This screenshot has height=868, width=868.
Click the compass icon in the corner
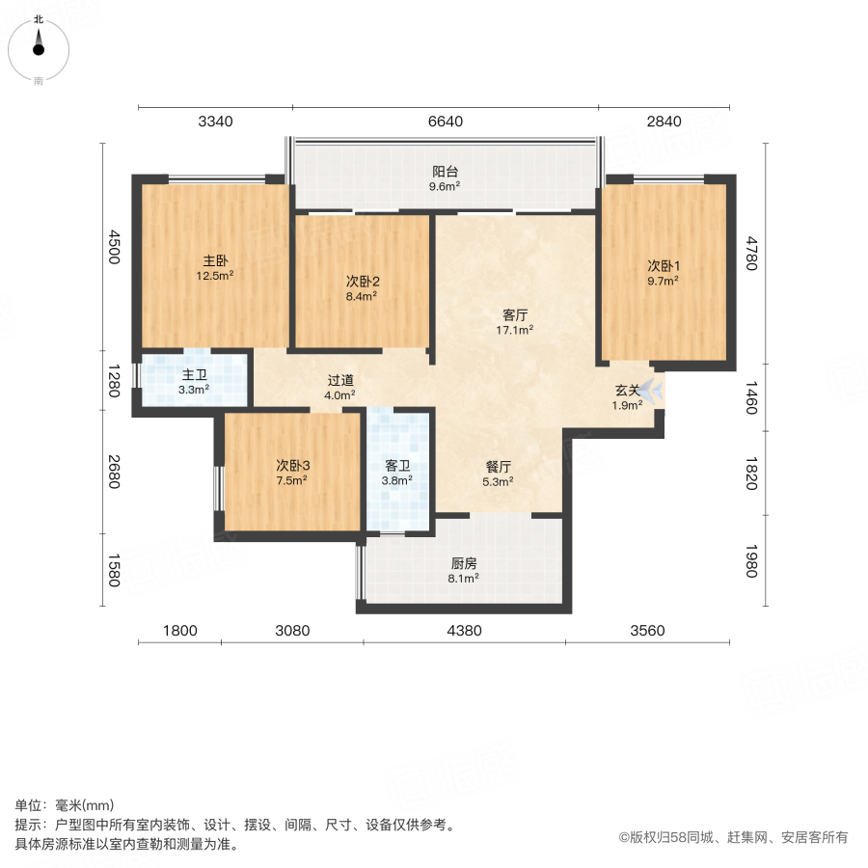pyautogui.click(x=39, y=45)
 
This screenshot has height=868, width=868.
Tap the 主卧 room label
pyautogui.click(x=215, y=260)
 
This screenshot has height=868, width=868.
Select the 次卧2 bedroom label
pyautogui.click(x=363, y=282)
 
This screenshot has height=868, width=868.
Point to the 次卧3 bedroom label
pyautogui.click(x=292, y=465)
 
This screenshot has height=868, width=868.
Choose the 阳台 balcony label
pyautogui.click(x=445, y=172)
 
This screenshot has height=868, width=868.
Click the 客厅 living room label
pyautogui.click(x=516, y=314)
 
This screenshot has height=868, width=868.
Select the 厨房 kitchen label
pyautogui.click(x=464, y=564)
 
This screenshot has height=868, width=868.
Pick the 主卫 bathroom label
pyautogui.click(x=195, y=375)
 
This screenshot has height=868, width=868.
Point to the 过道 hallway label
pyautogui.click(x=339, y=379)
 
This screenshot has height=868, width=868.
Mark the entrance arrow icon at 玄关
pyautogui.click(x=652, y=390)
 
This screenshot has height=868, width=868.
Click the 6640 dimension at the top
pyautogui.click(x=445, y=122)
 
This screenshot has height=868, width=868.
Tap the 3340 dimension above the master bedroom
pyautogui.click(x=215, y=122)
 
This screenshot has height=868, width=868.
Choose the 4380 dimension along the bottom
pyautogui.click(x=464, y=631)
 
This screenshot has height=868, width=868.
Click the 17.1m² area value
pyautogui.click(x=516, y=330)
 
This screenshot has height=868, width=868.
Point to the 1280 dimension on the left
pyautogui.click(x=113, y=381)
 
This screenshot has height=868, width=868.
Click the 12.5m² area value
pyautogui.click(x=215, y=275)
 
